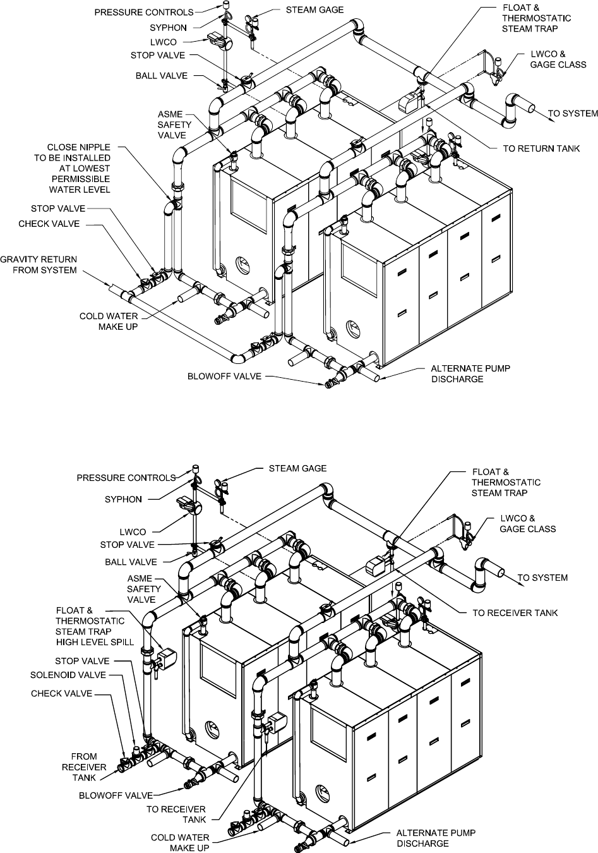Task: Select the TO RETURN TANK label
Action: (x=541, y=149)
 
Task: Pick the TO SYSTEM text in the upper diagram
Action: (x=572, y=114)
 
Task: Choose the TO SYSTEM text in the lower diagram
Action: (x=542, y=578)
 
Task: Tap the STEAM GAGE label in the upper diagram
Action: (x=314, y=10)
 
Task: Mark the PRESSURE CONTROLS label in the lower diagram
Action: (x=126, y=478)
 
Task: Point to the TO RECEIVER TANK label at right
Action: (x=515, y=613)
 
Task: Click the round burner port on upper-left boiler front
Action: (x=242, y=262)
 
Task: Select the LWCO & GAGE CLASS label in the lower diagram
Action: (x=527, y=524)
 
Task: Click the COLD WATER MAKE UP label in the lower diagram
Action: (x=180, y=842)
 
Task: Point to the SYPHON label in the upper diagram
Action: (x=168, y=28)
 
